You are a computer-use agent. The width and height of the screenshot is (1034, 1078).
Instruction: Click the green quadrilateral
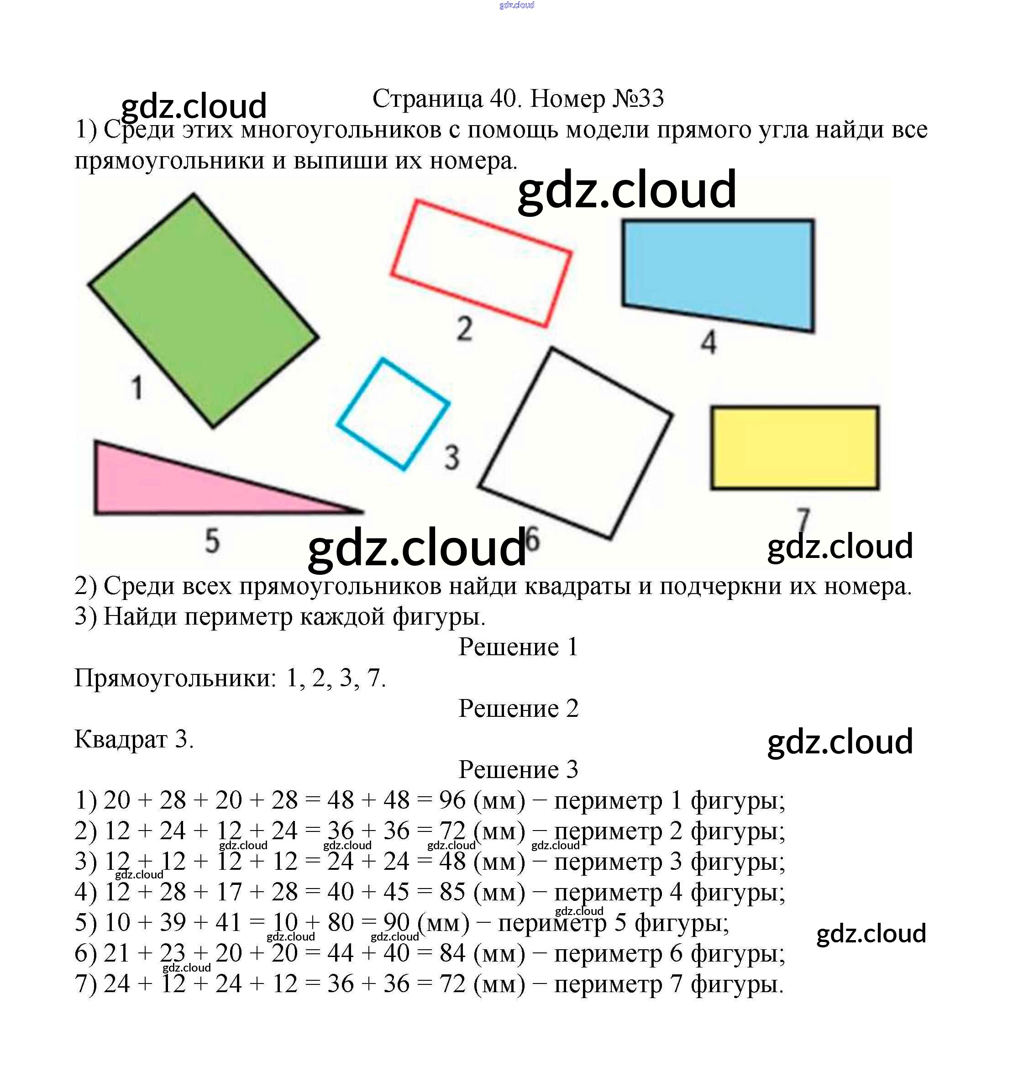(x=204, y=311)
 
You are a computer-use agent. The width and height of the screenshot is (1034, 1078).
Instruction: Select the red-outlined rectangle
(x=481, y=263)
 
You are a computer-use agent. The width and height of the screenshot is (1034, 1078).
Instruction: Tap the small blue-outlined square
(x=393, y=414)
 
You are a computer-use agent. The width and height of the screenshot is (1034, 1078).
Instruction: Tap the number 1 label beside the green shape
(x=137, y=387)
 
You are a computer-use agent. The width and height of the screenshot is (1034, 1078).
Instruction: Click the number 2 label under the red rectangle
(x=465, y=329)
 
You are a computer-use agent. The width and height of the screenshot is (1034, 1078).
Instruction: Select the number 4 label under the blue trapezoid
(x=709, y=342)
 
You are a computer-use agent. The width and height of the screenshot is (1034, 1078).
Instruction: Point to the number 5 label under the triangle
(x=212, y=541)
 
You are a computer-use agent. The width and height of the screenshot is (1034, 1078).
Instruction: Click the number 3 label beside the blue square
(x=451, y=457)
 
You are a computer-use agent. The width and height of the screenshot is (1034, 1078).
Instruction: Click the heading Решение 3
(x=518, y=769)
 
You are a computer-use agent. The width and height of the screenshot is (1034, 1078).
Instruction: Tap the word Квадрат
(x=121, y=739)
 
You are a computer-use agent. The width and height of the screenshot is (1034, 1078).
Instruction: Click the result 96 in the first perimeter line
(x=452, y=800)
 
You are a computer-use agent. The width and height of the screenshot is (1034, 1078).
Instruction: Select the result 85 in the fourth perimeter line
(x=452, y=892)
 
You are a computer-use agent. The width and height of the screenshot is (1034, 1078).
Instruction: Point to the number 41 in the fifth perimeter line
(x=228, y=922)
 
